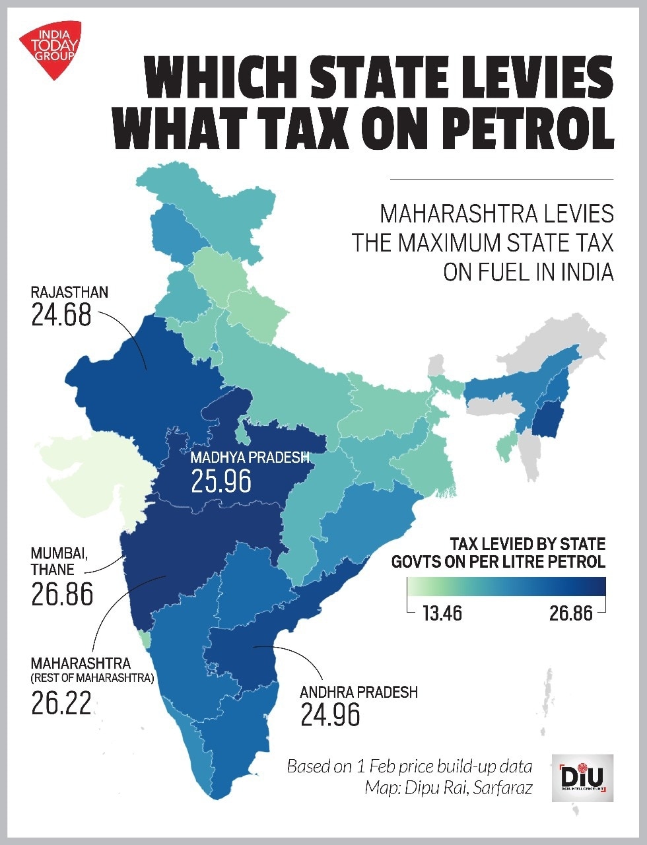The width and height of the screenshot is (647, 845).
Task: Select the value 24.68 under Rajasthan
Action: point(61,315)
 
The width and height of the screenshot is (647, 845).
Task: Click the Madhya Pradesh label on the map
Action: point(250,457)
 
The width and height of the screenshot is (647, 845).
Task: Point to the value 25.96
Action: point(221,481)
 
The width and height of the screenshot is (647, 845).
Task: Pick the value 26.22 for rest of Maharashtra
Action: point(61,704)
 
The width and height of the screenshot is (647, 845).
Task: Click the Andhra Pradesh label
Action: point(358,692)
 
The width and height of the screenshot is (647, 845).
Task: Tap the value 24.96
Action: point(330,715)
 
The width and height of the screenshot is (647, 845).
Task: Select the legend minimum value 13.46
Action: point(442,614)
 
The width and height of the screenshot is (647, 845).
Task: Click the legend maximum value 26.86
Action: point(571,614)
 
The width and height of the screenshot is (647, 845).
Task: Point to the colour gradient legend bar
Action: point(506,586)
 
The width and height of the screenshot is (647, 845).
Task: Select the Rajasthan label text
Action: point(69,292)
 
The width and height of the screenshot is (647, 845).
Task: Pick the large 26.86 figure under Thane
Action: point(62,595)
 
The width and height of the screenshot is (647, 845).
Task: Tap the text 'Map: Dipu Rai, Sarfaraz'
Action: point(448,788)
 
